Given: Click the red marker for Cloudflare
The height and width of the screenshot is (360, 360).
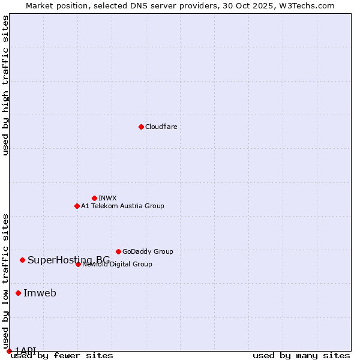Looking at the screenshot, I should pos(141,127).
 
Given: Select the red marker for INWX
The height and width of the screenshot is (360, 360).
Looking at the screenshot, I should pos(94,198).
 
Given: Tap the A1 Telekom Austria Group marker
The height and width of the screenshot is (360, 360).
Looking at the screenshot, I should pos(77,206).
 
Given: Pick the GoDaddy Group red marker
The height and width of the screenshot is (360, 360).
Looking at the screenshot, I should pos(118,251).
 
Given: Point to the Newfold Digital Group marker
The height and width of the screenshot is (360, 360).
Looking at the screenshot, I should pos(78,264).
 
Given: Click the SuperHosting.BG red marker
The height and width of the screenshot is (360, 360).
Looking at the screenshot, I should pos(22,260).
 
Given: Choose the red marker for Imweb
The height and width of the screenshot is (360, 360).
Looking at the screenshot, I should pos(18,293).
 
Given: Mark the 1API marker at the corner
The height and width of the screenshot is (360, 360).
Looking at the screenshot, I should pos(9,351).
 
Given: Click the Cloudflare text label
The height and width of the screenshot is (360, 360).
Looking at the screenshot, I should pos(161,127).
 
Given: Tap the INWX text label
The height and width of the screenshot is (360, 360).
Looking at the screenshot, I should pos(107,198).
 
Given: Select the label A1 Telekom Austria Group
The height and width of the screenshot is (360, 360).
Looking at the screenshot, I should pos(122,206).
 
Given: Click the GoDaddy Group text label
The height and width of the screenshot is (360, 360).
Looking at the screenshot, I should pos(148,251).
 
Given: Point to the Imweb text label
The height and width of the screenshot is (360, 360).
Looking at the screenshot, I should pos(40,293).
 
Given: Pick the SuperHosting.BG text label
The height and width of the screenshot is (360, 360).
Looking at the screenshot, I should pos(68,260).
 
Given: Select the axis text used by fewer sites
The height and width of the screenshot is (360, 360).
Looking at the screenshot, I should pos(62,356).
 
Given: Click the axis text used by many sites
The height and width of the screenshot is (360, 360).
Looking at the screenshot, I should pos(301,356).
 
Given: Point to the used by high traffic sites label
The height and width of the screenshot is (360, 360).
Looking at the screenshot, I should pos(5,85).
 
